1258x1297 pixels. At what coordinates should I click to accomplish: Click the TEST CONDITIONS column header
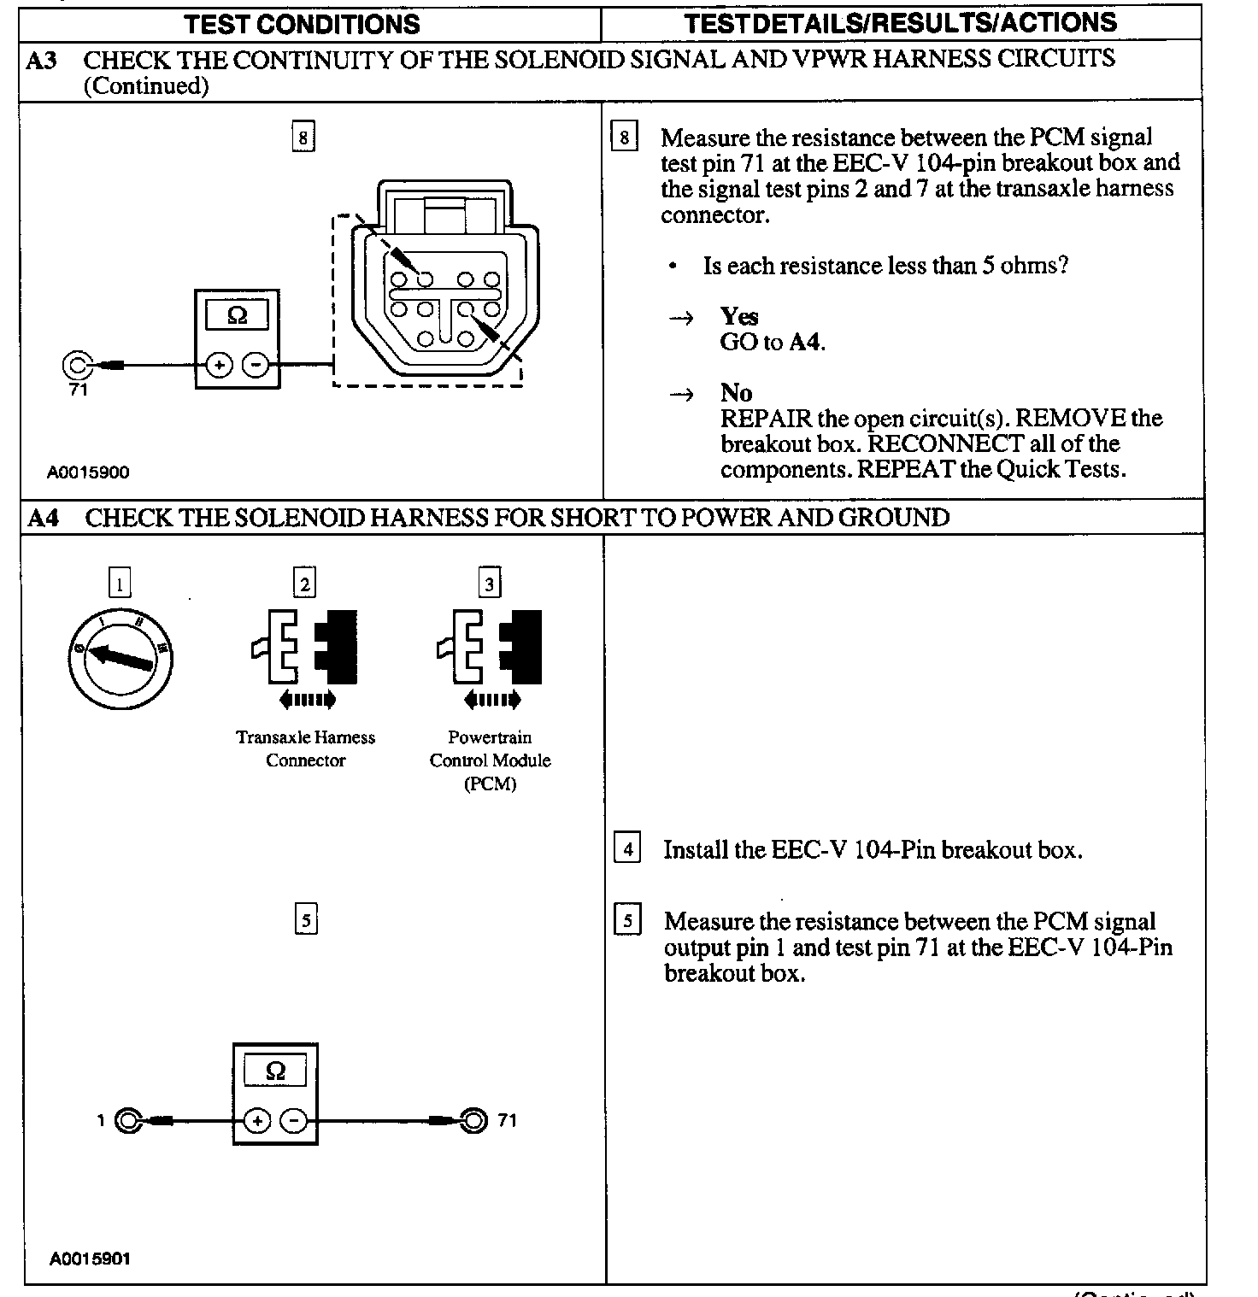(x=303, y=24)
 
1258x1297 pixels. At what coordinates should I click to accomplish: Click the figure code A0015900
(x=89, y=472)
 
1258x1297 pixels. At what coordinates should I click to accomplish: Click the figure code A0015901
(x=90, y=1259)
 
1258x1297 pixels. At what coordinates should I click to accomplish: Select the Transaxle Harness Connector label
(x=305, y=748)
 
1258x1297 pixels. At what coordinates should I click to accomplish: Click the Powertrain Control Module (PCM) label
(x=490, y=760)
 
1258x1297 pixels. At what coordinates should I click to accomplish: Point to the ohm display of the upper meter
(x=237, y=315)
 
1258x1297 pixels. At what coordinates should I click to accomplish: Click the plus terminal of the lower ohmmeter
(x=257, y=1120)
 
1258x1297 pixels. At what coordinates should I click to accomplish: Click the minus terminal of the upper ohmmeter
(x=256, y=366)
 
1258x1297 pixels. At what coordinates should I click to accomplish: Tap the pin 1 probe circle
(x=127, y=1120)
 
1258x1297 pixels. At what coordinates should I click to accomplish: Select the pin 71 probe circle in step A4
(x=473, y=1120)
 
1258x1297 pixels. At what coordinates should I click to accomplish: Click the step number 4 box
(x=627, y=849)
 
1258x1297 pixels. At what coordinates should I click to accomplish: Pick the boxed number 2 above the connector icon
(x=304, y=584)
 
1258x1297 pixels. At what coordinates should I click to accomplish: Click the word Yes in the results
(x=738, y=316)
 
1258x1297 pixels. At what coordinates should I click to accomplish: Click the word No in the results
(x=736, y=393)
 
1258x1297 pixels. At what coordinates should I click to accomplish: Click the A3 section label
(x=43, y=61)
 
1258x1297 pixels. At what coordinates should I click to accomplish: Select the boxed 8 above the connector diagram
(x=303, y=137)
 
